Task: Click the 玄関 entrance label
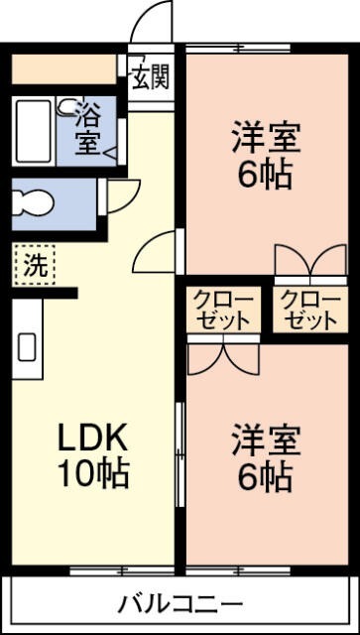(152, 74)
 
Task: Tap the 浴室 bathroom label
(88, 130)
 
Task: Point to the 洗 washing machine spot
(35, 265)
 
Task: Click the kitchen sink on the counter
(27, 347)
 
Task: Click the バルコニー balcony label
(180, 602)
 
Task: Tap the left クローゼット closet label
(223, 310)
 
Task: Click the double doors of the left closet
(222, 358)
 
